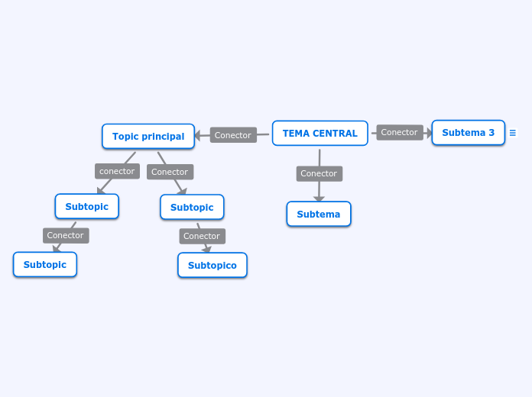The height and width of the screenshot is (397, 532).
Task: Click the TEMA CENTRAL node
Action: [320, 134]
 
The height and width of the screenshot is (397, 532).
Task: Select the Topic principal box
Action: [148, 137]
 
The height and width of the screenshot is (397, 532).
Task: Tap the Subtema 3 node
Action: [468, 133]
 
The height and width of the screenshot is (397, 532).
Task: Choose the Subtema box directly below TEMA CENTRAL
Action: [319, 215]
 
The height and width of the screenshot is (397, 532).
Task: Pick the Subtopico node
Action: [212, 266]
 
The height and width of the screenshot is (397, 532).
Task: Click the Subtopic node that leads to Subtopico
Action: [192, 207]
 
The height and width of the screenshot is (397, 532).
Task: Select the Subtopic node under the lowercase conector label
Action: [86, 206]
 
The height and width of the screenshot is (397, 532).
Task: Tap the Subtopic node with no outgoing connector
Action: [45, 265]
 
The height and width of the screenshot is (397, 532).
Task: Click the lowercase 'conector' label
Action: [117, 171]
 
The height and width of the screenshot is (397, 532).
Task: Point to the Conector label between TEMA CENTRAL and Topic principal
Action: [233, 135]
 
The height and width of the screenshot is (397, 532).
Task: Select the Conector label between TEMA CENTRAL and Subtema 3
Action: [400, 132]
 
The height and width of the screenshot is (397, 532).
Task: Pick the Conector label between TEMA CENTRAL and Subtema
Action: [319, 173]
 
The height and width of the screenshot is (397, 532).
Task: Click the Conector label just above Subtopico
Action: [202, 236]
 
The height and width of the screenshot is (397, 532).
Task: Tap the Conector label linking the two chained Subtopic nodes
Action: [66, 235]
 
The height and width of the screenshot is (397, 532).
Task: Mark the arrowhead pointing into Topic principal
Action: [198, 136]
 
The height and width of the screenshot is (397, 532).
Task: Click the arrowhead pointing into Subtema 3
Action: [429, 133]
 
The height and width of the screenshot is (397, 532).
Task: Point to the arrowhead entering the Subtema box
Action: [319, 198]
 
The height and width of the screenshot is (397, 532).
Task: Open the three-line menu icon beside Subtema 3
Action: [513, 133]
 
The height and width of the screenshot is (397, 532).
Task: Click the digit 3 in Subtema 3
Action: [491, 133]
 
